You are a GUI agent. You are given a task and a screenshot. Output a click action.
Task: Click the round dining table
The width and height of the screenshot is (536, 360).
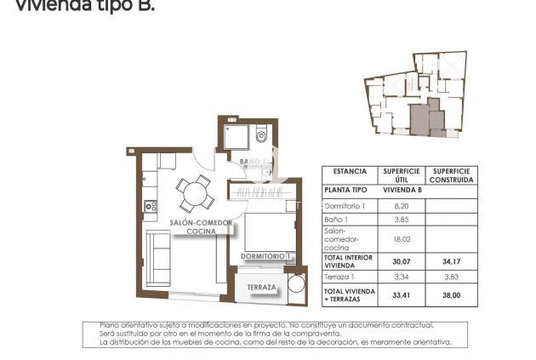pyautogui.click(x=196, y=192)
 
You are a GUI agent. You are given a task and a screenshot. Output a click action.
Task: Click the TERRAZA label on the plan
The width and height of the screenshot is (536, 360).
pyautogui.click(x=262, y=288)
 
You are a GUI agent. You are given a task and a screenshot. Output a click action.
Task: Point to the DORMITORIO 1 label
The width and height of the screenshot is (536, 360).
pyautogui.click(x=266, y=256)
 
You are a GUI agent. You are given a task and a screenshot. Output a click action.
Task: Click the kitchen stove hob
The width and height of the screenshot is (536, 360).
pyautogui.click(x=151, y=205)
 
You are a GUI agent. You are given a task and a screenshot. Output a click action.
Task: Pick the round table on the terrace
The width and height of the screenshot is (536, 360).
pyautogui.click(x=296, y=284)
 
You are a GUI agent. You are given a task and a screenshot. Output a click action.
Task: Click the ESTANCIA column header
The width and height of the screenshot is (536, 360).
pyautogui.click(x=350, y=171)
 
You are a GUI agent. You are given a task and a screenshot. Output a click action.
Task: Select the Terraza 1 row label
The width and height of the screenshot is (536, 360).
pyautogui.click(x=341, y=277)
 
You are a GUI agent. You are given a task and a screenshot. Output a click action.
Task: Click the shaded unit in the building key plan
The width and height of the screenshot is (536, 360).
pyautogui.click(x=420, y=118)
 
